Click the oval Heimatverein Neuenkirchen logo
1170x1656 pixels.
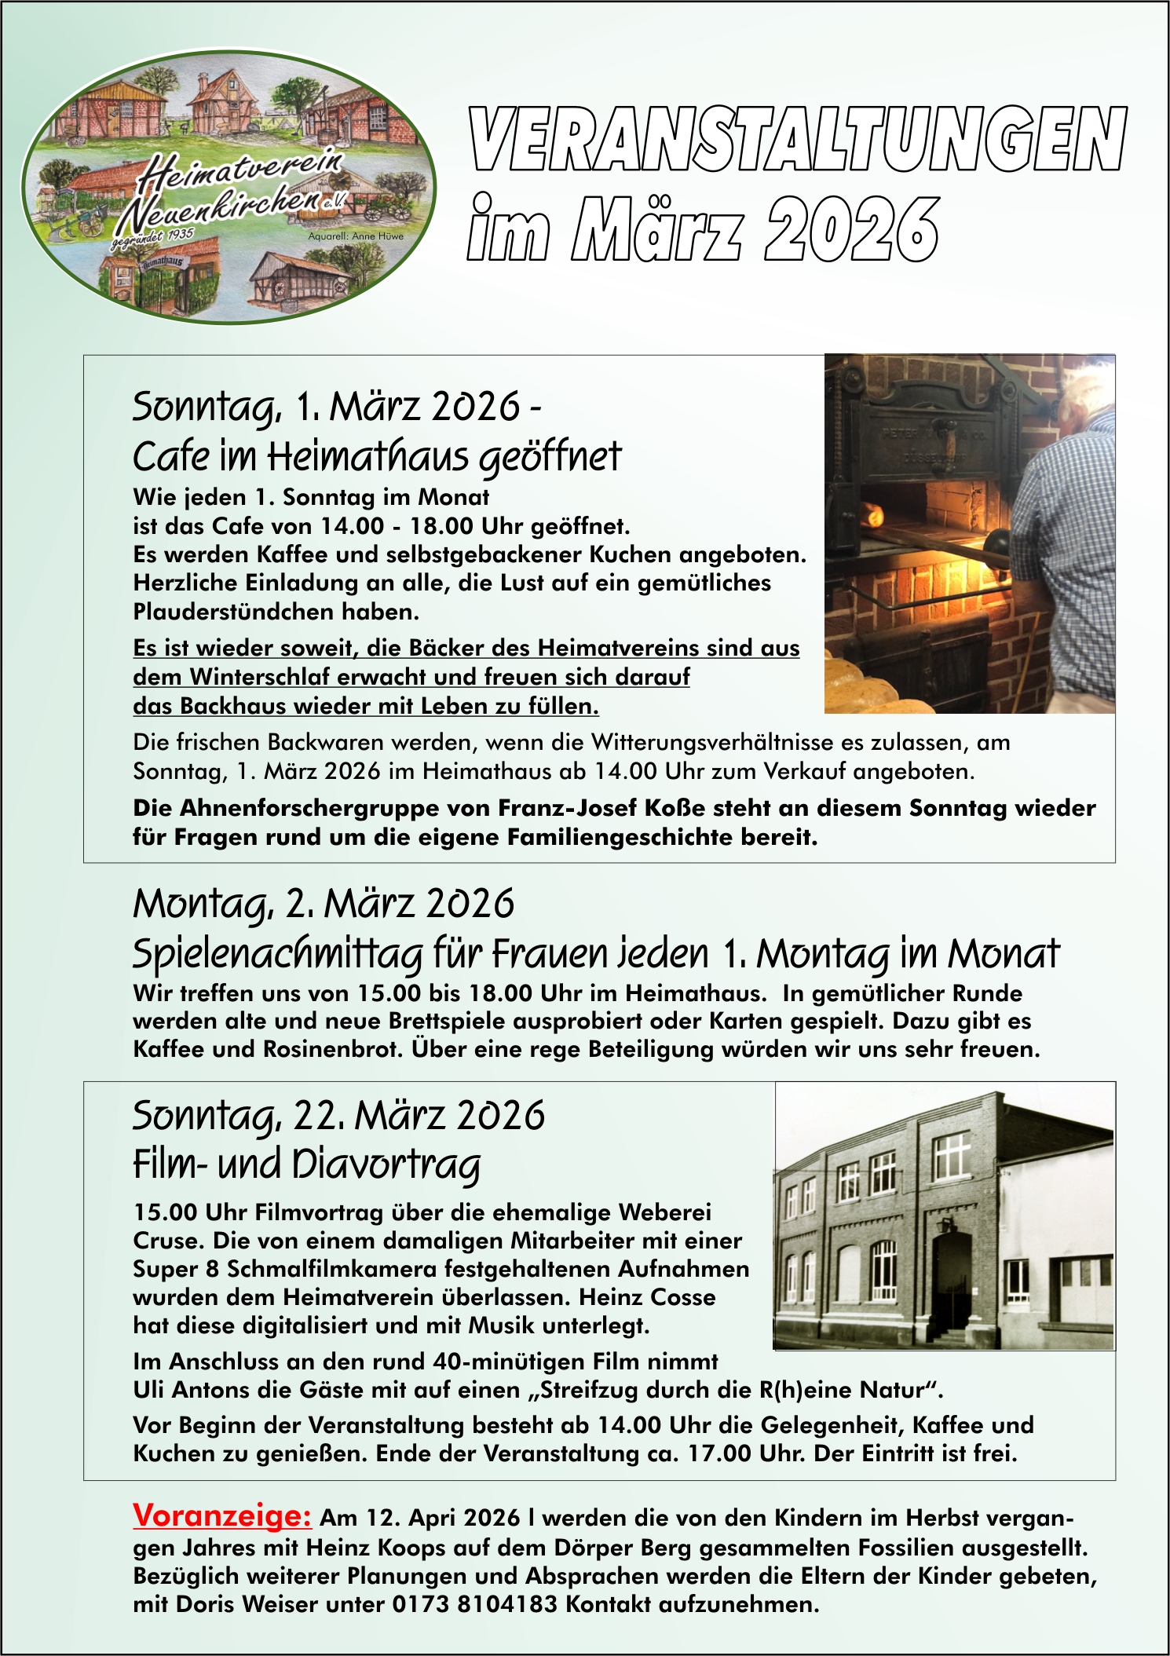[x=228, y=187]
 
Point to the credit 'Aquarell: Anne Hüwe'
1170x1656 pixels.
[x=356, y=236]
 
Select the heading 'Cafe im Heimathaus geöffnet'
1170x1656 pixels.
[x=377, y=456]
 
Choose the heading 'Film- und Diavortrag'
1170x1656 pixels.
[x=306, y=1164]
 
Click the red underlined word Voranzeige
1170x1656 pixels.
[x=222, y=1515]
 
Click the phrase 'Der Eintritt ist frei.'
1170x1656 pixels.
[x=916, y=1453]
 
